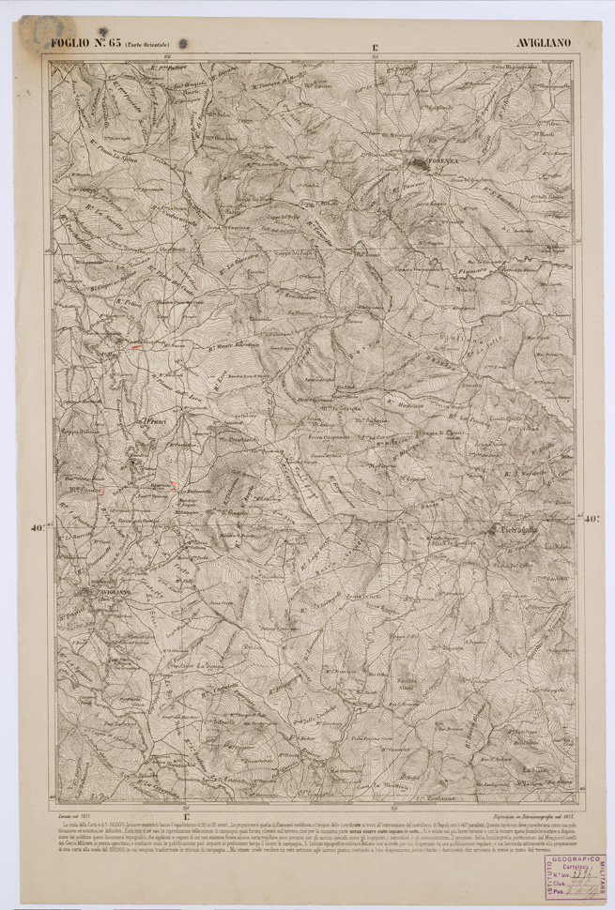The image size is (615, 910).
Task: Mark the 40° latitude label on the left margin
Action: [x=38, y=528]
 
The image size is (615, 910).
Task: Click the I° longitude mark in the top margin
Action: [x=375, y=44]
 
